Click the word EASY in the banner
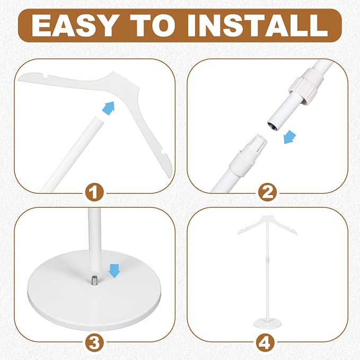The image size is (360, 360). [74, 25]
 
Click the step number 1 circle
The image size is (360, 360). [94, 192]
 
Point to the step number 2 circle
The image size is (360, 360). [267, 192]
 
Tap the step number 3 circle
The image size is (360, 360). [94, 343]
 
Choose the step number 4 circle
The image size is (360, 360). [266, 343]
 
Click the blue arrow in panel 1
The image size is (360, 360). [109, 108]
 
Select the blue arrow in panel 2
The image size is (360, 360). [289, 137]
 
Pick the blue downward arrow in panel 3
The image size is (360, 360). [115, 271]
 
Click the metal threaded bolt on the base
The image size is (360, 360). [94, 280]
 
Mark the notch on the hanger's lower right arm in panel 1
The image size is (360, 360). [163, 153]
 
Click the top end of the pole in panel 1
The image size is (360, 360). [99, 120]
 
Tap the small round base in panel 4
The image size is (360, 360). [267, 323]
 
